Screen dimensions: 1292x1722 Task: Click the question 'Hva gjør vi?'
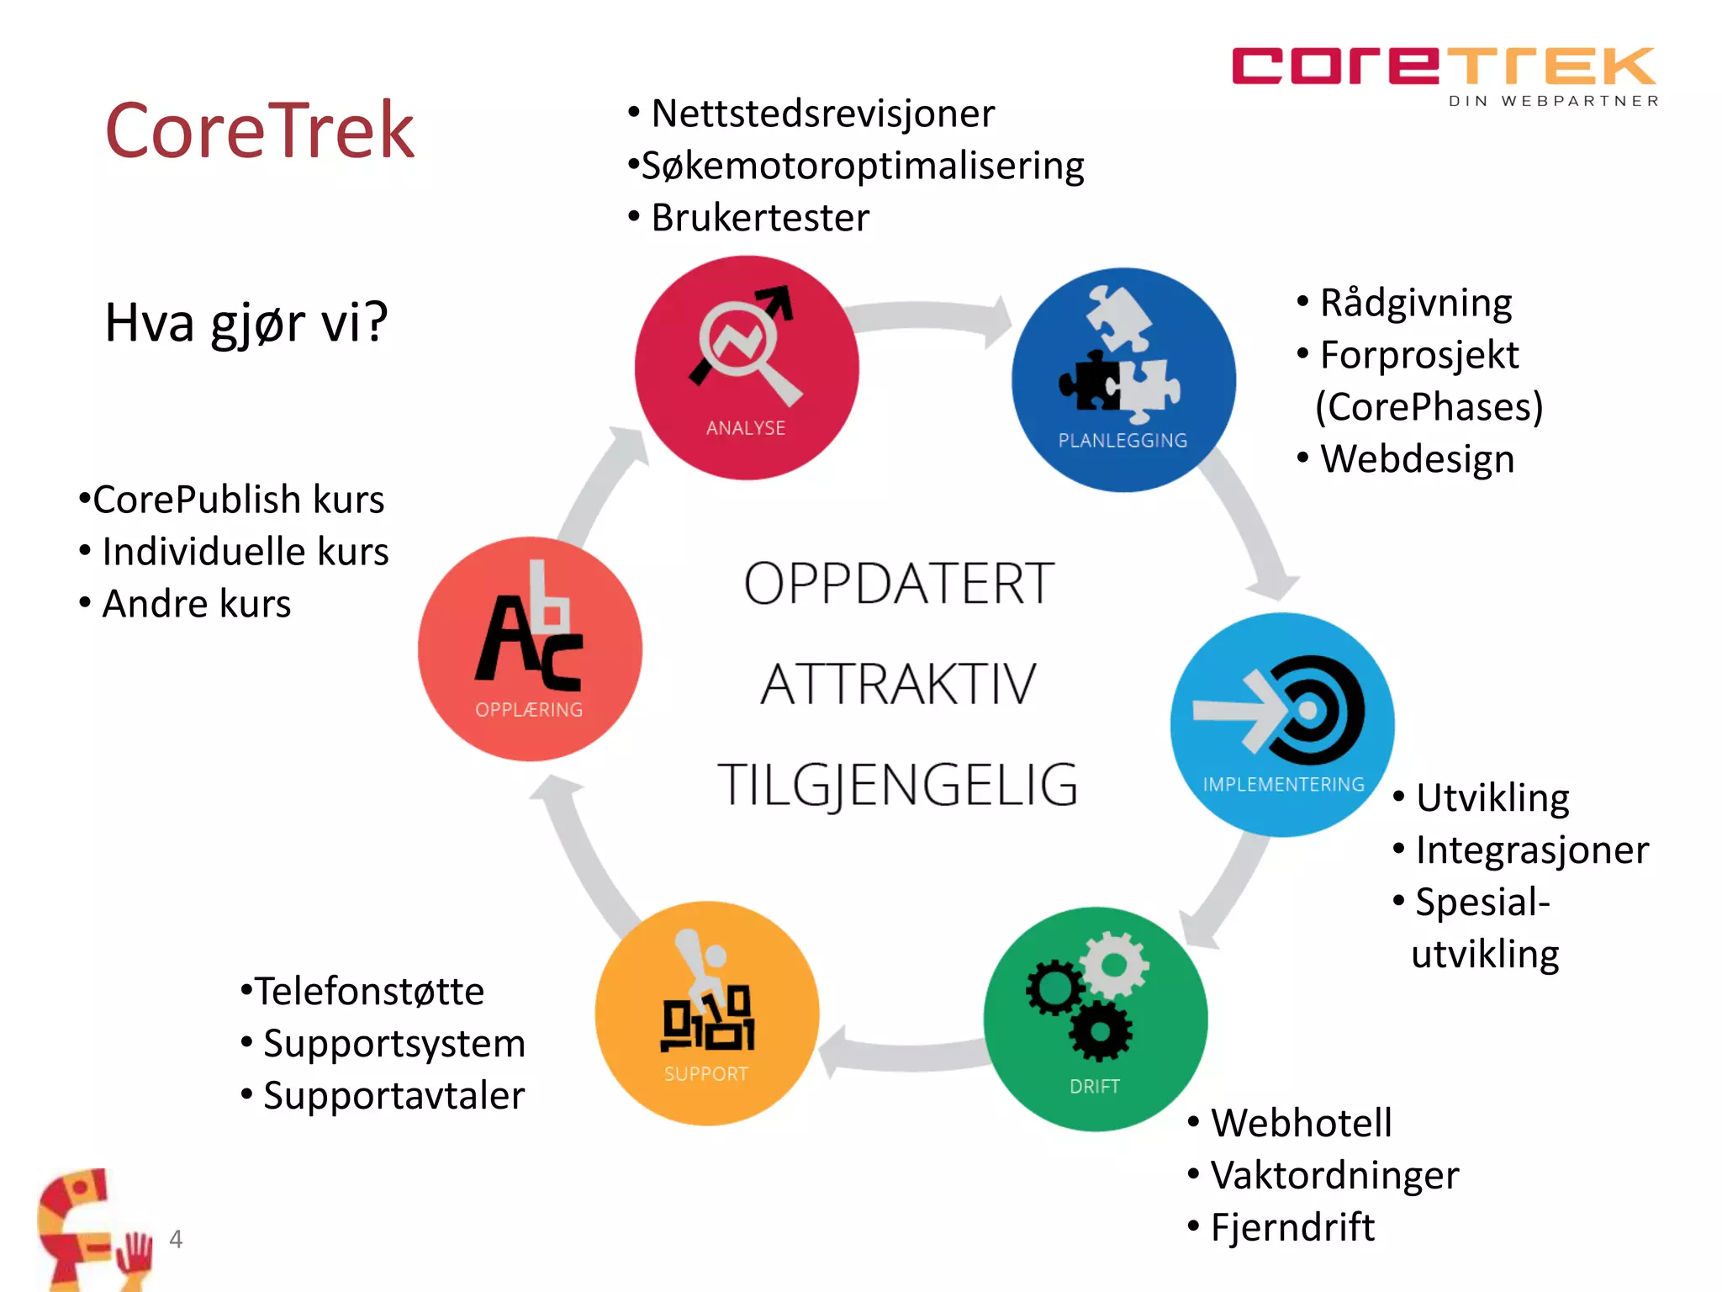(x=246, y=323)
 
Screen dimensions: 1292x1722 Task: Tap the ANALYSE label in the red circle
(x=746, y=428)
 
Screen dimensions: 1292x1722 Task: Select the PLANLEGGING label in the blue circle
(x=1122, y=440)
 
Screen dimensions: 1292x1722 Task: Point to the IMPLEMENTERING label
(x=1283, y=784)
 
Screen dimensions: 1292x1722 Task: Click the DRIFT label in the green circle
(x=1094, y=1086)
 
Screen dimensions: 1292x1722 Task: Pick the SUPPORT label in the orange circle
(x=705, y=1074)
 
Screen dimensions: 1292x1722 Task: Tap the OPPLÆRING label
(x=529, y=710)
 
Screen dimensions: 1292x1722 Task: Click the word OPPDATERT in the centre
(x=899, y=583)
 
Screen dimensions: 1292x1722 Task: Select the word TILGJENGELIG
(x=897, y=785)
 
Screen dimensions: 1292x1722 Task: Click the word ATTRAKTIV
(x=898, y=684)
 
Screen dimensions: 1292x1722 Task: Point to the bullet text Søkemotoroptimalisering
(x=862, y=166)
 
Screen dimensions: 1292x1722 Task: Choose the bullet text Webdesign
(x=1417, y=459)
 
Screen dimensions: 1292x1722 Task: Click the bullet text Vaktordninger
(x=1334, y=1175)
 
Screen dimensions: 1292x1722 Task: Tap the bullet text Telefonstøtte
(x=369, y=991)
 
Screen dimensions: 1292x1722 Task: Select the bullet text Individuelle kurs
(x=245, y=552)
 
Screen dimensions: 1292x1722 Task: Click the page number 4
(x=176, y=1238)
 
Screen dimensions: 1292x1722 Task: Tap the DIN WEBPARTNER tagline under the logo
(x=1553, y=101)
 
